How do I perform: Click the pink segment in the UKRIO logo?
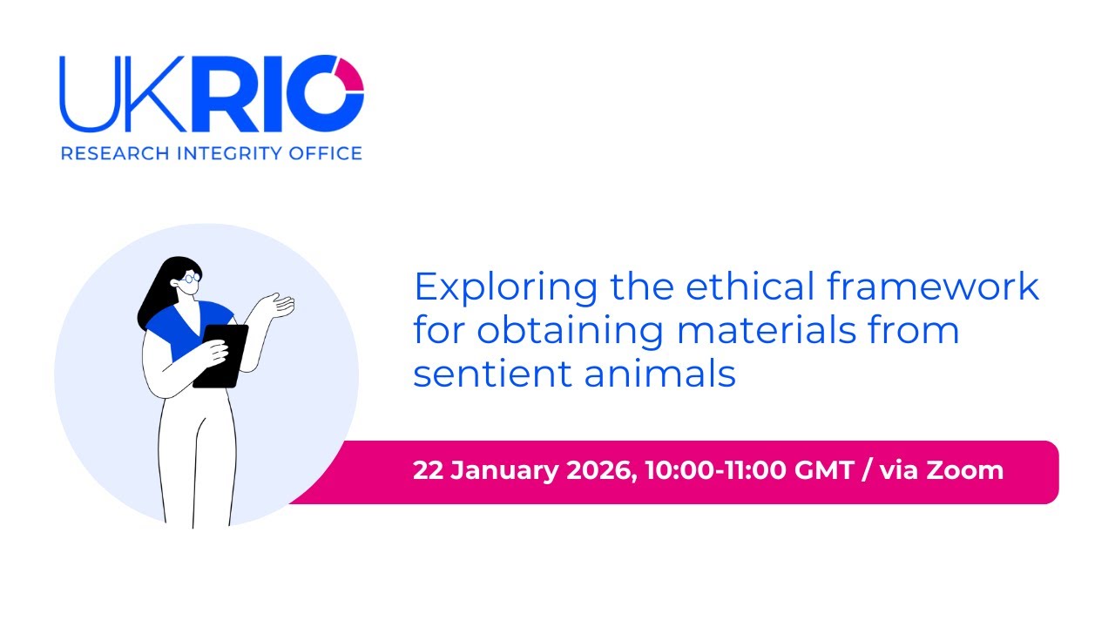[352, 73]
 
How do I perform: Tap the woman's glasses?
[191, 279]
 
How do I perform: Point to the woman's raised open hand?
[280, 305]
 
